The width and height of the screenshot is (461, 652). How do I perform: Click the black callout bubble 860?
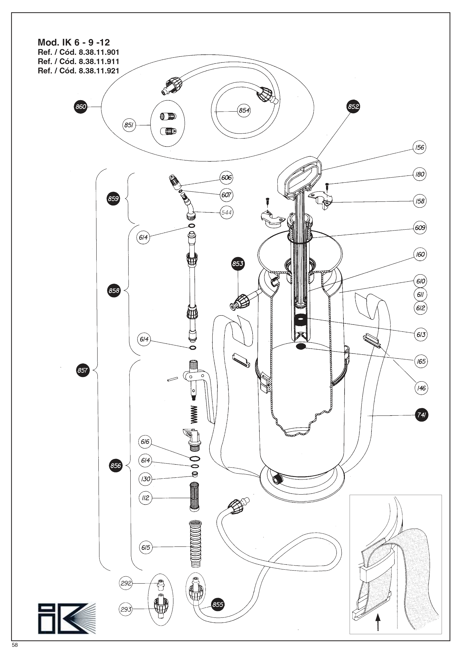point(81,107)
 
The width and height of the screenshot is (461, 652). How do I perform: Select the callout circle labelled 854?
point(244,110)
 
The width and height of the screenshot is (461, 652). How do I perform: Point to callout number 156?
point(419,147)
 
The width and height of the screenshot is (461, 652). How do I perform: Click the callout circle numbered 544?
point(226,212)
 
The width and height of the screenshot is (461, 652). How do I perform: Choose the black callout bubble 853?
point(238,263)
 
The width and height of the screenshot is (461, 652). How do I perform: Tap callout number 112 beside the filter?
point(145,498)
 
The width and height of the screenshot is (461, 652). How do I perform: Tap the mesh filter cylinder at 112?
point(194,497)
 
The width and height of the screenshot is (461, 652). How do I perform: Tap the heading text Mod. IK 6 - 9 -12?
point(74,43)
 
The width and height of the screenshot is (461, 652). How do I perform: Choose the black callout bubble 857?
point(83,370)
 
